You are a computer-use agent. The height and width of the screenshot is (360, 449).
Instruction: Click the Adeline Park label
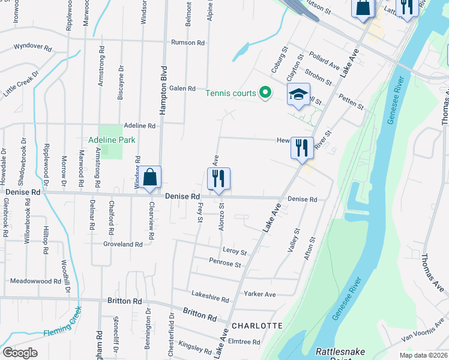[x=112, y=140]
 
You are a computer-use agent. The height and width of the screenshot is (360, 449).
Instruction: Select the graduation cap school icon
[x=298, y=95]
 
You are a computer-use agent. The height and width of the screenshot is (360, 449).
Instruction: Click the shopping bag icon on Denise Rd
[x=151, y=177]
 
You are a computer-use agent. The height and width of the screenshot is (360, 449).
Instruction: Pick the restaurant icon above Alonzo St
[x=218, y=178]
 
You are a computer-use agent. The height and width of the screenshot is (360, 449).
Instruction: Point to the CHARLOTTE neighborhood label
[x=256, y=326]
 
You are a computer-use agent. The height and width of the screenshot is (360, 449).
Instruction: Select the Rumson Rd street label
[x=188, y=43]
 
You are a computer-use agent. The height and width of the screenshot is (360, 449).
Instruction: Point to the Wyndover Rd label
[x=34, y=46]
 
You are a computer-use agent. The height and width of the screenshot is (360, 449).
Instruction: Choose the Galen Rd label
[x=182, y=88]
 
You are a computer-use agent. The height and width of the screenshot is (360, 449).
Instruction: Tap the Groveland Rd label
[x=122, y=244]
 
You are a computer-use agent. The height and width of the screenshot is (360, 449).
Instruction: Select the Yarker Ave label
[x=259, y=294]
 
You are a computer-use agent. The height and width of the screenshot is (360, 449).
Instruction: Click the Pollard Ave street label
[x=324, y=60]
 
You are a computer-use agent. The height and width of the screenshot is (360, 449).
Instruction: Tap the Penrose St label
[x=225, y=263]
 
